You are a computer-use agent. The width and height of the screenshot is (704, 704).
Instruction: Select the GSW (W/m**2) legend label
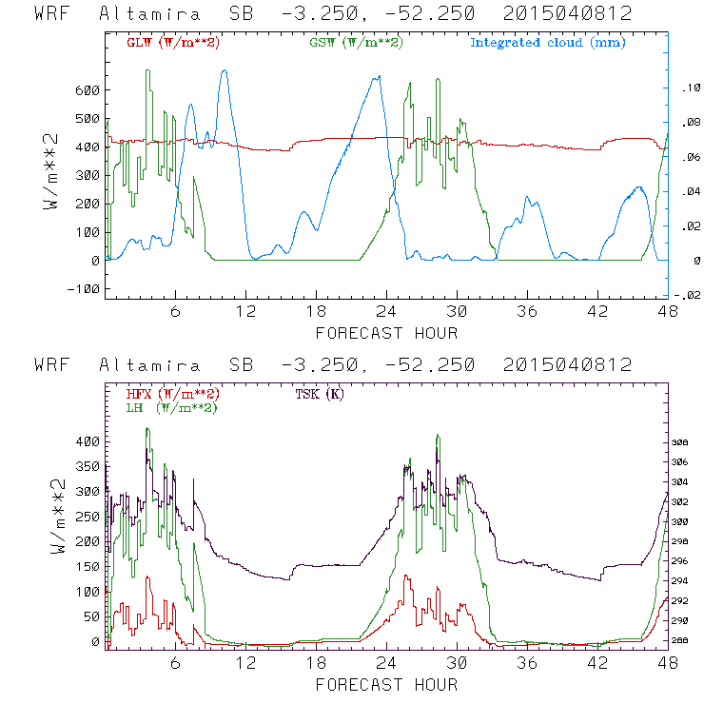[x=357, y=43]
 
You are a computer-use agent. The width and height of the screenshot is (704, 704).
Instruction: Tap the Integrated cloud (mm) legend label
[x=548, y=43]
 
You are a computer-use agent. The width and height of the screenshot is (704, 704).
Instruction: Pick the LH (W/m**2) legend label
[x=172, y=407]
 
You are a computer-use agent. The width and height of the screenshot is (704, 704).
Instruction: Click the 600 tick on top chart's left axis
[x=88, y=90]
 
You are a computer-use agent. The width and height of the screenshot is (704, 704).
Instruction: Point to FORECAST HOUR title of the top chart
[x=386, y=333]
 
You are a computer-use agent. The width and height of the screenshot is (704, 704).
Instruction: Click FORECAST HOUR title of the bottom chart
[x=386, y=684]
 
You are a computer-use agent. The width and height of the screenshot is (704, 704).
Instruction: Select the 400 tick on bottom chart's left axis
[x=88, y=441]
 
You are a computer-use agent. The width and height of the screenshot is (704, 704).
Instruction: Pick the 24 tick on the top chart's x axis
[x=386, y=312]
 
